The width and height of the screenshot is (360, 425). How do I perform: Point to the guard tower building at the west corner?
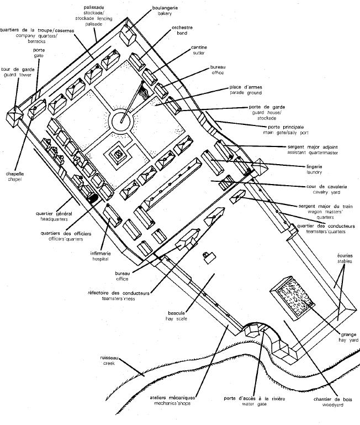point(14,116)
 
